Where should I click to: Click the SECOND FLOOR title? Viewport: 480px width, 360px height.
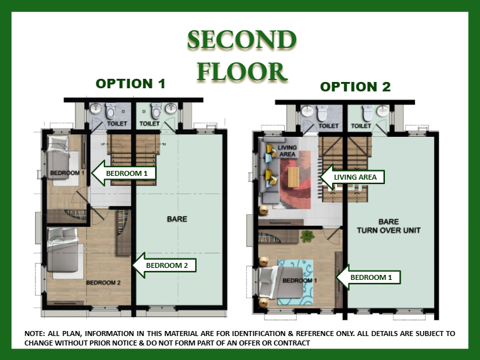point(242,55)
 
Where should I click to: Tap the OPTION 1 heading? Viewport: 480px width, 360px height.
point(130,84)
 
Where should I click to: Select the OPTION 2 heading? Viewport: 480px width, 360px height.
point(355,87)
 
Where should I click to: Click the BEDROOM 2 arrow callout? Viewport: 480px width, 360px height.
point(164,265)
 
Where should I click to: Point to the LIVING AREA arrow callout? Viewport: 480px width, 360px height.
point(352,177)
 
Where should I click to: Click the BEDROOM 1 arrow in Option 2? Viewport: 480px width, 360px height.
point(369,277)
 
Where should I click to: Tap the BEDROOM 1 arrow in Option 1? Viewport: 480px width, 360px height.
point(123,173)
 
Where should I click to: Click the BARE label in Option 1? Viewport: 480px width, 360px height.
point(177,219)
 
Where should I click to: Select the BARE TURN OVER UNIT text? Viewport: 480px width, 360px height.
point(389,226)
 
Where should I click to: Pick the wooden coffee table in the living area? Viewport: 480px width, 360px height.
point(294,177)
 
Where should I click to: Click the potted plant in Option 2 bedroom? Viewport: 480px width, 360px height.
point(307,236)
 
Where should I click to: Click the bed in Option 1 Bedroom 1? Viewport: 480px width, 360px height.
point(59,157)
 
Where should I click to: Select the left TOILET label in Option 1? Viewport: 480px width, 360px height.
point(117,124)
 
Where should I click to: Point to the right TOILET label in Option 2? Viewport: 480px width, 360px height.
point(361,125)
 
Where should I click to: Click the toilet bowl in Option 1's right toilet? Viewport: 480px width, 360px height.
point(156,111)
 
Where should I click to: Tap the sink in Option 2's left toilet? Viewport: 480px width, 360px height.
point(307,111)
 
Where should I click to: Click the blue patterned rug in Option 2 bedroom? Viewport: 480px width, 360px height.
point(295,282)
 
